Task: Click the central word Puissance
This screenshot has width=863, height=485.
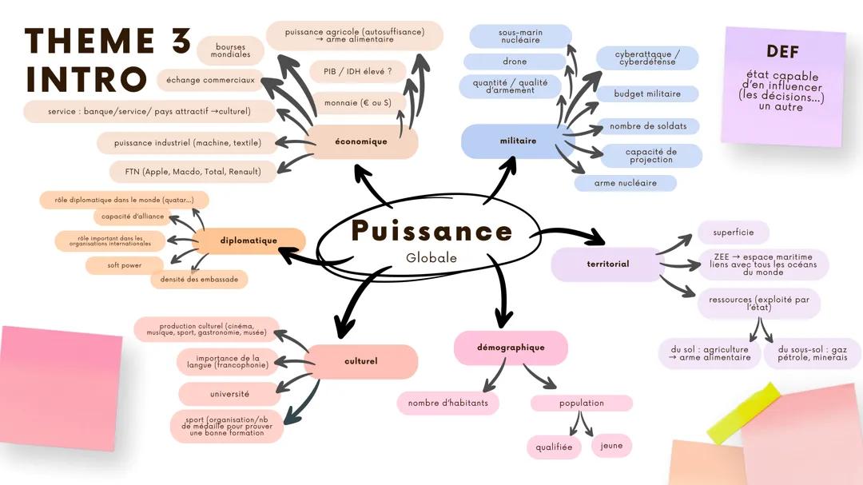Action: pyautogui.click(x=431, y=231)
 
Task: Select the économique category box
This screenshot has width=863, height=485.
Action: pyautogui.click(x=361, y=142)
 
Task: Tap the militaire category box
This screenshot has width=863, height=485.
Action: pyautogui.click(x=518, y=141)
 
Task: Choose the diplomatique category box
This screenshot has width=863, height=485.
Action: pyautogui.click(x=249, y=241)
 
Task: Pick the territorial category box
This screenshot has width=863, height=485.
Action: pyautogui.click(x=607, y=264)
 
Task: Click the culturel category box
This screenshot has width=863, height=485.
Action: pyautogui.click(x=361, y=361)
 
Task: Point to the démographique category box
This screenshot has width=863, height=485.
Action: pyautogui.click(x=511, y=348)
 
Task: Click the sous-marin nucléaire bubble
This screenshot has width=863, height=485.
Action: pyautogui.click(x=520, y=36)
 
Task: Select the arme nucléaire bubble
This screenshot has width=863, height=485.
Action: pyautogui.click(x=626, y=183)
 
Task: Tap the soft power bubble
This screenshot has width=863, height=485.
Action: pyautogui.click(x=125, y=265)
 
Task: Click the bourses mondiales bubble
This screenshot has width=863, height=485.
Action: pyautogui.click(x=230, y=50)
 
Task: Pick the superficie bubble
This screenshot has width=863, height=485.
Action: pyautogui.click(x=733, y=233)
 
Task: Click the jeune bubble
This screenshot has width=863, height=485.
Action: pyautogui.click(x=612, y=446)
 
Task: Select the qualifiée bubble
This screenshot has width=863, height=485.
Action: pyautogui.click(x=554, y=447)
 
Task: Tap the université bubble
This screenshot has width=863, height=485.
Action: pyautogui.click(x=229, y=394)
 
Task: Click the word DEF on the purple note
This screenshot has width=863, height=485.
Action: pyautogui.click(x=782, y=52)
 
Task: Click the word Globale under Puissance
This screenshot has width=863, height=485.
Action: pyautogui.click(x=431, y=258)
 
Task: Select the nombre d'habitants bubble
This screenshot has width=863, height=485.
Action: pyautogui.click(x=447, y=403)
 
